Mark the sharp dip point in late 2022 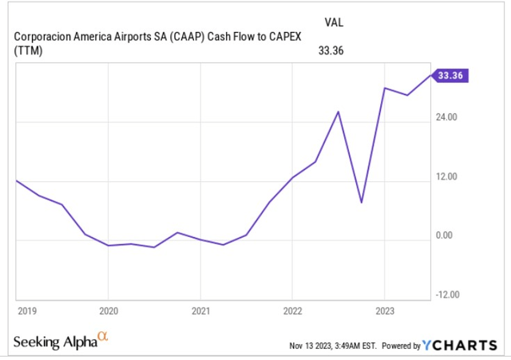(x=362, y=203)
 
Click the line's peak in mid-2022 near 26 (x=339, y=112)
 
